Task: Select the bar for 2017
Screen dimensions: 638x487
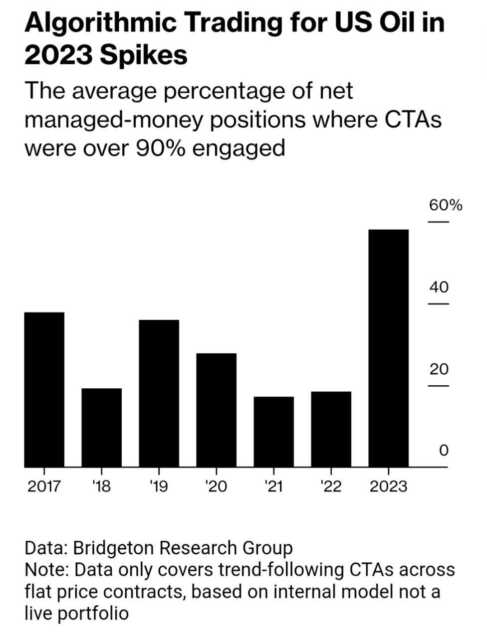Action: pyautogui.click(x=44, y=389)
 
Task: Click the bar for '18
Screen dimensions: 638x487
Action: pyautogui.click(x=102, y=427)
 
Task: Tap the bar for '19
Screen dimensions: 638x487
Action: pyautogui.click(x=159, y=393)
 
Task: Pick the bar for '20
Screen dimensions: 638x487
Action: pyautogui.click(x=217, y=410)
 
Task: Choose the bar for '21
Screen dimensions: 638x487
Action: pyautogui.click(x=274, y=432)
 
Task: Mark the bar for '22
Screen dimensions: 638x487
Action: pyautogui.click(x=331, y=429)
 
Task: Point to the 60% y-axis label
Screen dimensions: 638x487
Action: pyautogui.click(x=444, y=205)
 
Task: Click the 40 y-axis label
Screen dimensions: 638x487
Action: pyautogui.click(x=439, y=287)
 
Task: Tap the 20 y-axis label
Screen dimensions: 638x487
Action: pyautogui.click(x=439, y=369)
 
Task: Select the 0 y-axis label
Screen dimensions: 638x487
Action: pyautogui.click(x=444, y=451)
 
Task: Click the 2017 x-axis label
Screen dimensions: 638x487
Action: pyautogui.click(x=44, y=486)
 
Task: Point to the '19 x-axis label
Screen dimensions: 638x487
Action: pyautogui.click(x=159, y=486)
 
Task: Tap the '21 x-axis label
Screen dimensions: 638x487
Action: pyautogui.click(x=273, y=486)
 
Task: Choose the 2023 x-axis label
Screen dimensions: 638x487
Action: pyautogui.click(x=389, y=486)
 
